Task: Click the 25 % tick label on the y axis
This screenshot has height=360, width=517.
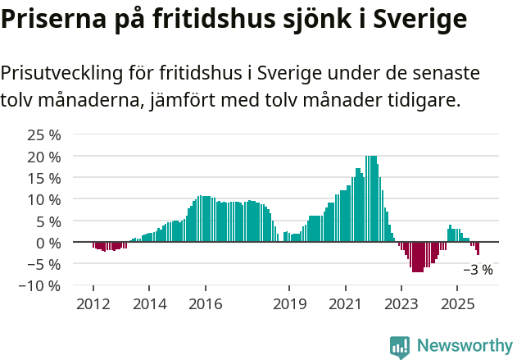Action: pos(44,134)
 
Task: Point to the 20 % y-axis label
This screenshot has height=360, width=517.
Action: pos(44,156)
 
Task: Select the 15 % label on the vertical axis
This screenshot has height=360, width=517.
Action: pos(44,178)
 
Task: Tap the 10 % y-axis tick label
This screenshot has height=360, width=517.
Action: pos(44,199)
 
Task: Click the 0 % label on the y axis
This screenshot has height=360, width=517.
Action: pos(48,243)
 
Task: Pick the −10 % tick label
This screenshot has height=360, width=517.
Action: pos(40,285)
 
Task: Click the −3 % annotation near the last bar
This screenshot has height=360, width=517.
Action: pos(478,269)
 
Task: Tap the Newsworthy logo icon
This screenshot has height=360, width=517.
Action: pos(400,347)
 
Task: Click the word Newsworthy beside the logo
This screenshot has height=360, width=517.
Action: pos(464,347)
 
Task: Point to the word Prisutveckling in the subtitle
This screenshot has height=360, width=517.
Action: pos(60,73)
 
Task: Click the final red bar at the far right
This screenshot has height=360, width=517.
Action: pos(478,248)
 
